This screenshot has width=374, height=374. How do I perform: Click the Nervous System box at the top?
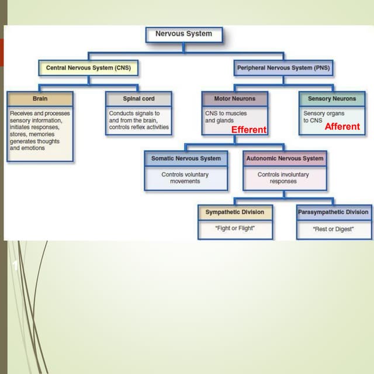point(183,34)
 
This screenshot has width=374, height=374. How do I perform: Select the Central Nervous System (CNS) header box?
point(89,68)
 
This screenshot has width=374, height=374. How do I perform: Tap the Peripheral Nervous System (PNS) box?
point(283,68)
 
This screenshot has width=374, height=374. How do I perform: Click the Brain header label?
point(40,99)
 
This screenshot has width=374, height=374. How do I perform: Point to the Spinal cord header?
point(138,99)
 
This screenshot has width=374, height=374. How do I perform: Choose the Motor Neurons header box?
point(234,99)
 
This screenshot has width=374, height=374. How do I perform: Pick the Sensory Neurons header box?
point(331,99)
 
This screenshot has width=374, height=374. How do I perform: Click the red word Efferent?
point(249,130)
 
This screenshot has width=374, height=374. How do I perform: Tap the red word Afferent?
point(342,126)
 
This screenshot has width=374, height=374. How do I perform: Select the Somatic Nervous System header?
point(186,158)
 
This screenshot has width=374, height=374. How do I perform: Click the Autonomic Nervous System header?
point(285,158)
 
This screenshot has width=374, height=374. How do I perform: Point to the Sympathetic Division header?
point(234,212)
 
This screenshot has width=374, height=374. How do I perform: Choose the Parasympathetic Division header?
point(333,212)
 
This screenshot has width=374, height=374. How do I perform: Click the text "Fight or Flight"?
point(235,228)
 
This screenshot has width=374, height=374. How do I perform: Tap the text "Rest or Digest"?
point(333,229)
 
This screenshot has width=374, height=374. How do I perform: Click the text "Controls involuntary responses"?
point(283,178)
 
